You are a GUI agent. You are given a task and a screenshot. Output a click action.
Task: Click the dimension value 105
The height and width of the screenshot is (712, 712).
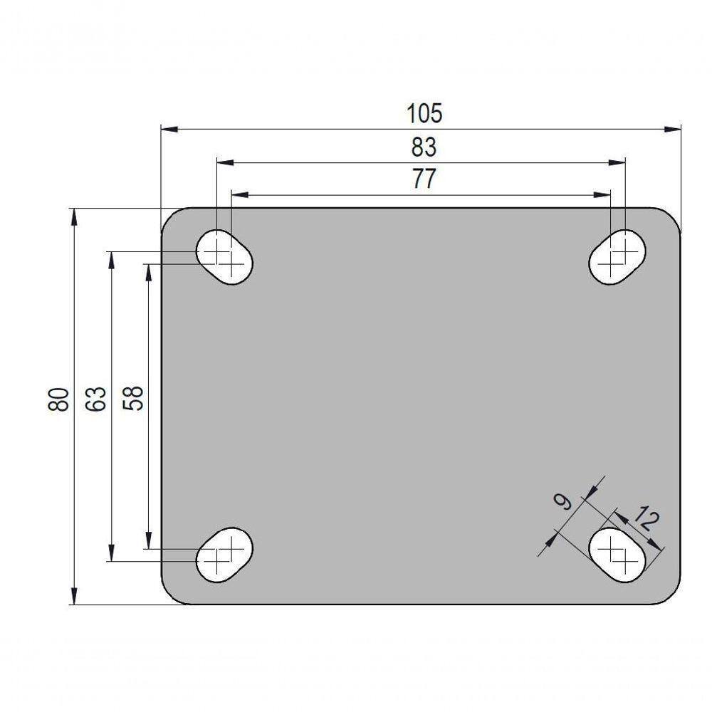pyautogui.click(x=424, y=113)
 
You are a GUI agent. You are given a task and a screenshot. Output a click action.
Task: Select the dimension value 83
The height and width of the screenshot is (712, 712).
pyautogui.click(x=424, y=147)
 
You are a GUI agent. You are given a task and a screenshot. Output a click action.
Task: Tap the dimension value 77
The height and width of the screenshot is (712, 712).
pyautogui.click(x=424, y=179)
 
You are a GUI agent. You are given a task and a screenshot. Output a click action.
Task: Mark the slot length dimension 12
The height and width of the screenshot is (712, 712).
pyautogui.click(x=645, y=520)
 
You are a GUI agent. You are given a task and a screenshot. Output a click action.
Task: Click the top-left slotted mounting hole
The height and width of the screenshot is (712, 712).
pyautogui.click(x=224, y=258)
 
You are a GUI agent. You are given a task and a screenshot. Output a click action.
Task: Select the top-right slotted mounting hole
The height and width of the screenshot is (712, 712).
pyautogui.click(x=617, y=257)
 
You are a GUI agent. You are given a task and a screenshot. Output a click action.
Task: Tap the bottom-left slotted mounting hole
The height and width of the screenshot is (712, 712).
pyautogui.click(x=224, y=555)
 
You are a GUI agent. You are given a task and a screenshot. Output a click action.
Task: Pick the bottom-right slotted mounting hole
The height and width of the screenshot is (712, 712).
pyautogui.click(x=617, y=555)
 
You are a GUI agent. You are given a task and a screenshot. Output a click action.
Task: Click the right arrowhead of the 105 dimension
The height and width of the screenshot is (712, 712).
pyautogui.click(x=673, y=129)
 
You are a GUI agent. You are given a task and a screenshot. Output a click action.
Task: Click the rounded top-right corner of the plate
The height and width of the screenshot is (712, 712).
pyautogui.click(x=673, y=216)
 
